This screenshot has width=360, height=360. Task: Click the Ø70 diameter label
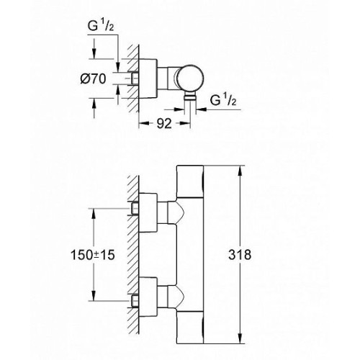[x=93, y=78]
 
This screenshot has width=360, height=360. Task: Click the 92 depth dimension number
[x=164, y=124]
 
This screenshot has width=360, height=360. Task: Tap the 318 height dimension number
[x=240, y=255]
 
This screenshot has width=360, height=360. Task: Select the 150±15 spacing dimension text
[x=93, y=255]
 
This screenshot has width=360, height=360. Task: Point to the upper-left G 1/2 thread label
[x=101, y=26]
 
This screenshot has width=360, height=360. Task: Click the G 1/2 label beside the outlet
[x=223, y=100]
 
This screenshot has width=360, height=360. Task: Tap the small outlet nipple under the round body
[x=190, y=97]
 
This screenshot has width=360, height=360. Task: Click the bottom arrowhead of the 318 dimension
[x=240, y=338]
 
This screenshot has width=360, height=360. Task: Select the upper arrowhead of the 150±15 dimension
[x=94, y=213]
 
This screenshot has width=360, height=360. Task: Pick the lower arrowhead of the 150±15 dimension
[x=94, y=295]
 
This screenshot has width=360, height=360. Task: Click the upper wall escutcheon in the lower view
[x=148, y=212]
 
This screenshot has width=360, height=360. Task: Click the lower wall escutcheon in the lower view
[x=148, y=297]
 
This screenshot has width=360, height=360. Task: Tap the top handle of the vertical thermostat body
[x=190, y=181]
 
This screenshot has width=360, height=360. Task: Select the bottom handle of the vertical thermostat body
[x=190, y=328]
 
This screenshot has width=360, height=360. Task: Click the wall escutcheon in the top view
[x=148, y=78]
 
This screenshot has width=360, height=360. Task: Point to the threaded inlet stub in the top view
[x=135, y=78]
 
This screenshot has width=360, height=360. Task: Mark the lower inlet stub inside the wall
[x=135, y=301]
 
